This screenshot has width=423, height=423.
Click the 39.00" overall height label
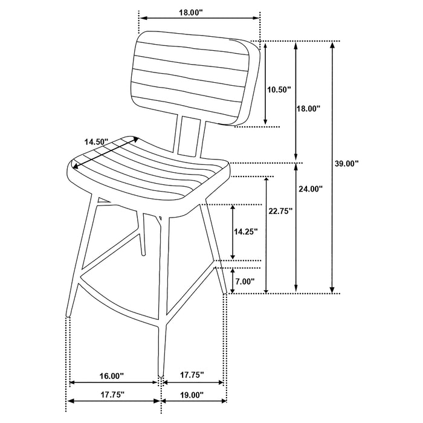(x=347, y=163)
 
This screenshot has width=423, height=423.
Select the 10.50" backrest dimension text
(x=279, y=89)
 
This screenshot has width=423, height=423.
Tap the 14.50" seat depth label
(x=95, y=141)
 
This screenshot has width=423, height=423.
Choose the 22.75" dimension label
(x=280, y=211)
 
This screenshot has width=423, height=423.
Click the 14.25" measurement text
(x=246, y=231)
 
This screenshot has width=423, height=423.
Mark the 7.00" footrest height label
(x=244, y=281)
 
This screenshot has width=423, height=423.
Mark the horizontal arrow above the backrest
(x=199, y=18)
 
